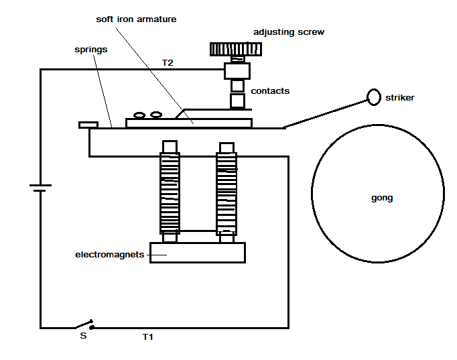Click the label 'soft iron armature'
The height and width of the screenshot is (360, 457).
[x=136, y=19]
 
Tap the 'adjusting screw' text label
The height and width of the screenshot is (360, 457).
[x=288, y=32]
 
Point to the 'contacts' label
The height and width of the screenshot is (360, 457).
[x=270, y=91]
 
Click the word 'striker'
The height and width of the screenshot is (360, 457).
[x=399, y=98]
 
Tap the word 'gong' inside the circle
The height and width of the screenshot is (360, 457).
[x=381, y=198]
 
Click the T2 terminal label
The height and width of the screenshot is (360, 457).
[x=169, y=62]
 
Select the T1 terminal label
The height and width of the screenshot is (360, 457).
[x=147, y=337]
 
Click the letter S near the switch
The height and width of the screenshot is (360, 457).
[x=83, y=336]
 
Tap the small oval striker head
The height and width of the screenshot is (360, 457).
[x=373, y=97]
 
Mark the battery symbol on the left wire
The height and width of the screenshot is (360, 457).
[x=40, y=187]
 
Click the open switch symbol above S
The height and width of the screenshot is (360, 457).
[x=82, y=324]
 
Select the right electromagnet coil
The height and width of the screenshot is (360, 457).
[x=226, y=192]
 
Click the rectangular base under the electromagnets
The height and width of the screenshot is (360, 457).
[x=197, y=252]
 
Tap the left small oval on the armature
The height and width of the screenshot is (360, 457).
[x=140, y=115]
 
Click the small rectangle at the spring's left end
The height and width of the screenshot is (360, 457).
[x=88, y=124]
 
